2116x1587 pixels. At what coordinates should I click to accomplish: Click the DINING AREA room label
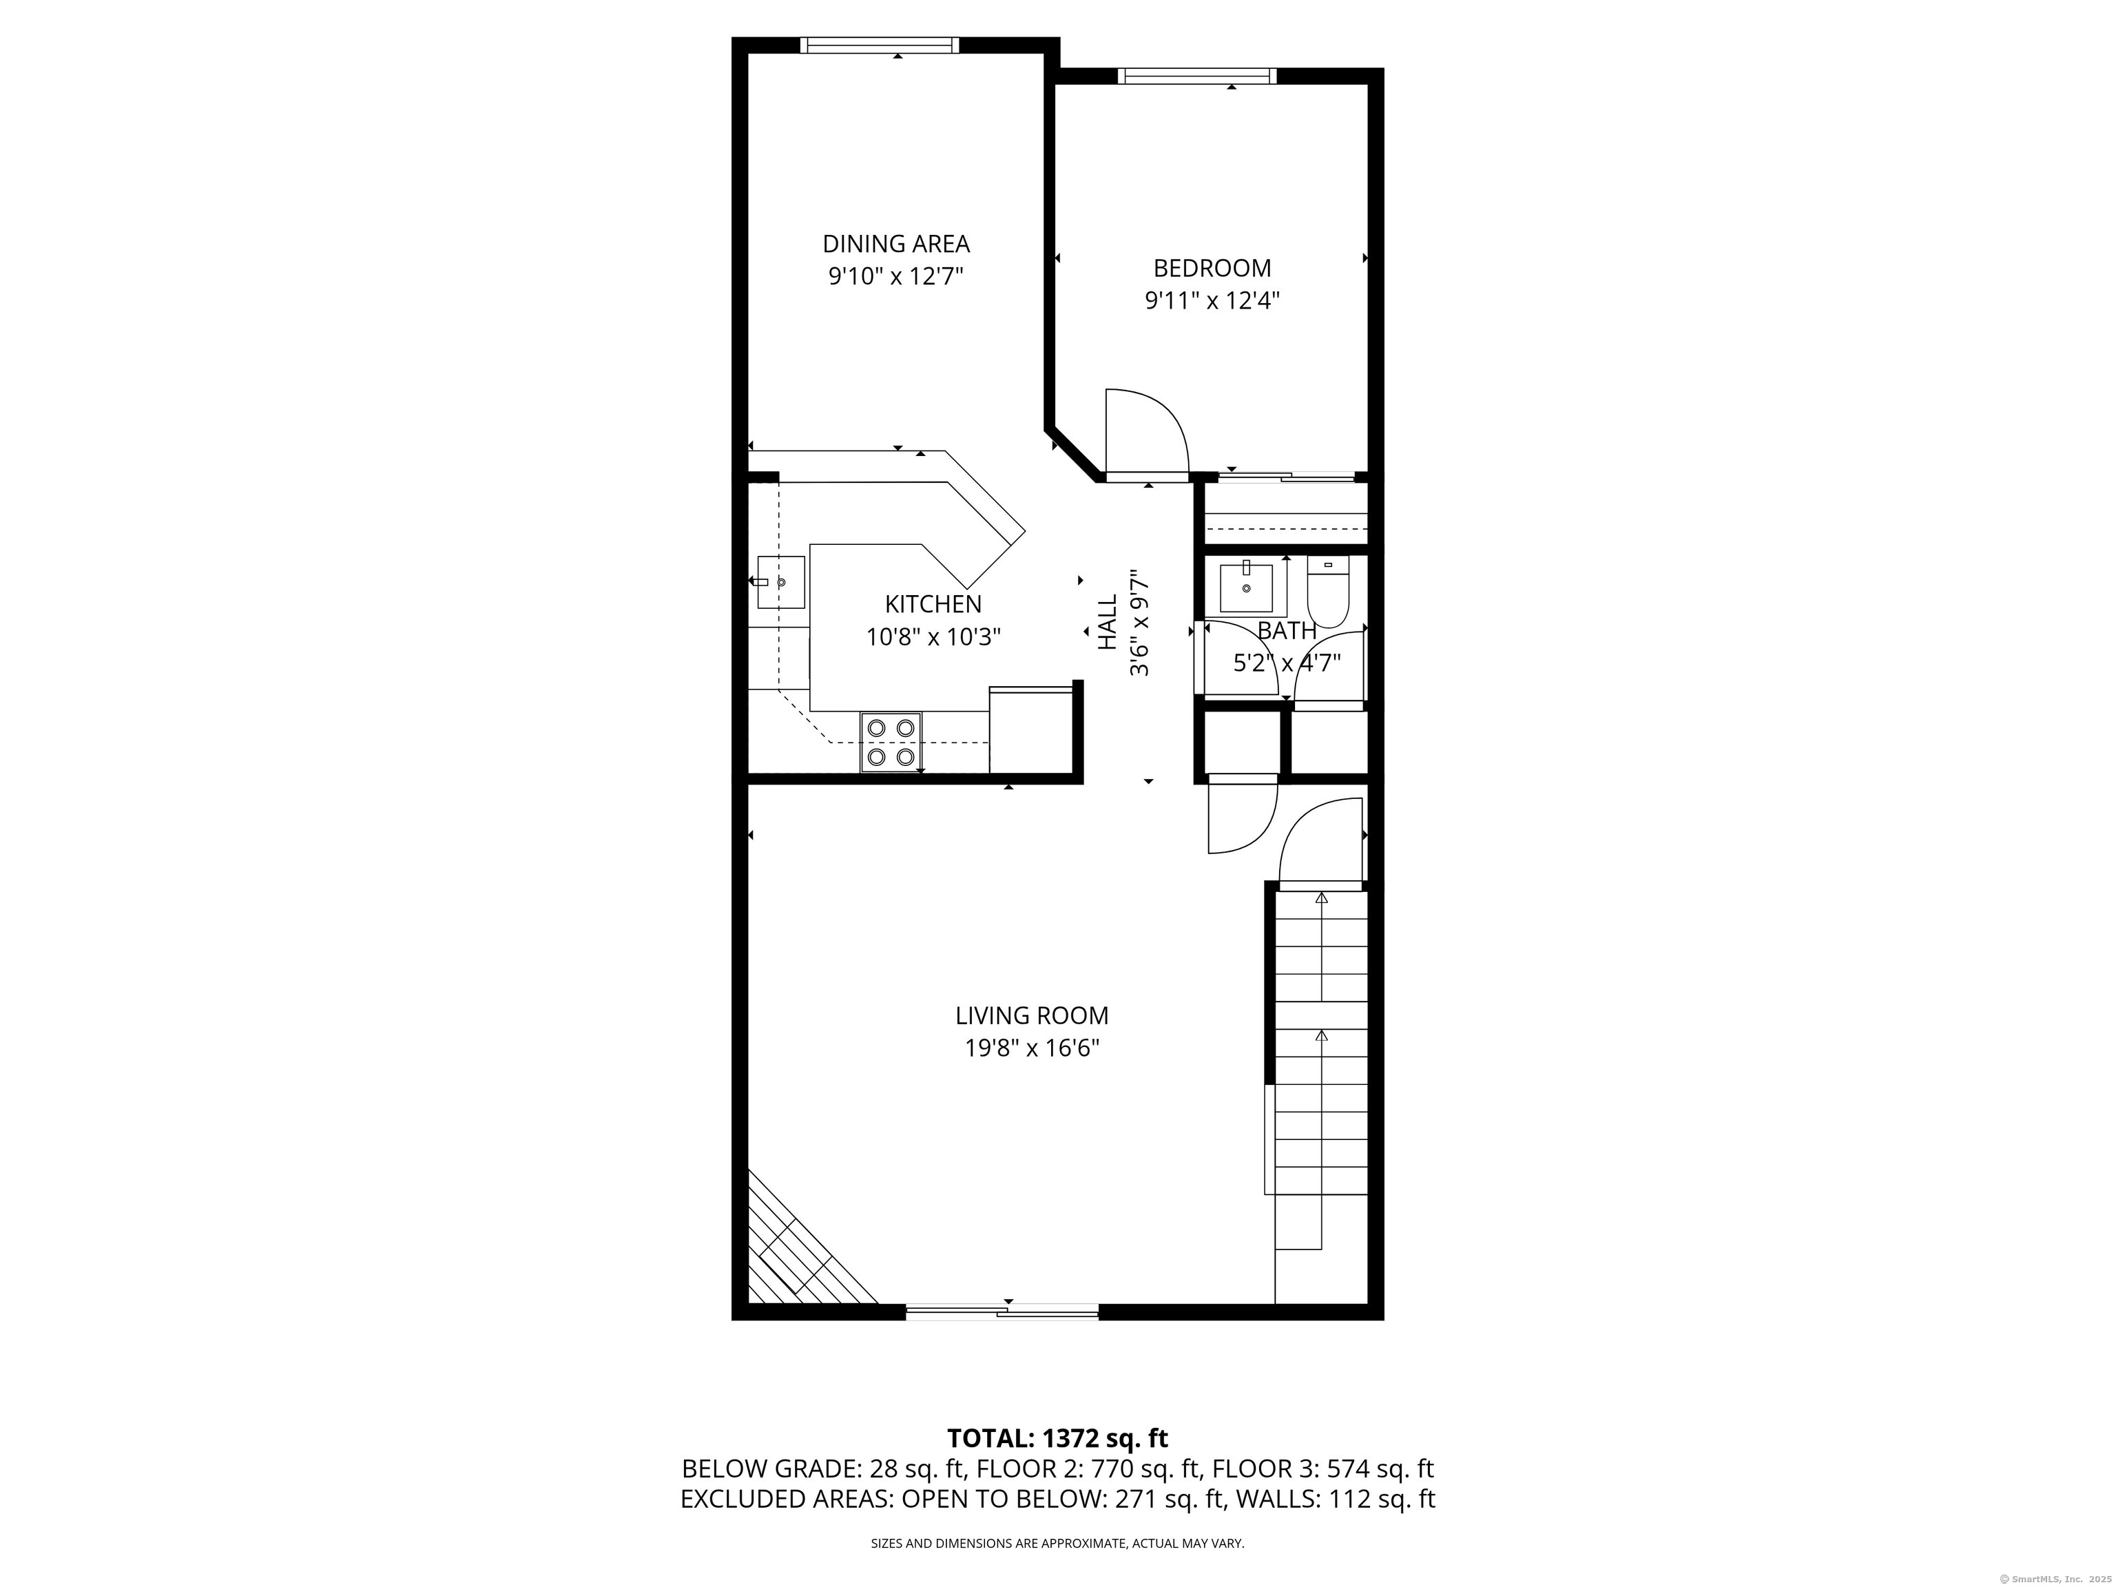pyautogui.click(x=896, y=244)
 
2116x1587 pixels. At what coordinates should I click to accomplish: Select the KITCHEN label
pyautogui.click(x=933, y=605)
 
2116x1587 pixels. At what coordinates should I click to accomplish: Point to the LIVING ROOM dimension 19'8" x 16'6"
pyautogui.click(x=1033, y=1048)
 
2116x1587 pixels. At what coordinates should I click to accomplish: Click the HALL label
pyautogui.click(x=1108, y=623)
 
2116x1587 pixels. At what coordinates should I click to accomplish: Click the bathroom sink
pyautogui.click(x=1247, y=588)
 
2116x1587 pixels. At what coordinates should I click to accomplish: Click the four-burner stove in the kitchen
pyautogui.click(x=891, y=743)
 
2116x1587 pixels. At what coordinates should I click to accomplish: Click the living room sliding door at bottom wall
pyautogui.click(x=1002, y=1311)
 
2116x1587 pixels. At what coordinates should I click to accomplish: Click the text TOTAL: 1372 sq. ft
pyautogui.click(x=1057, y=1466)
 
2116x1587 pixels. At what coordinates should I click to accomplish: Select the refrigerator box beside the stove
pyautogui.click(x=1031, y=730)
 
